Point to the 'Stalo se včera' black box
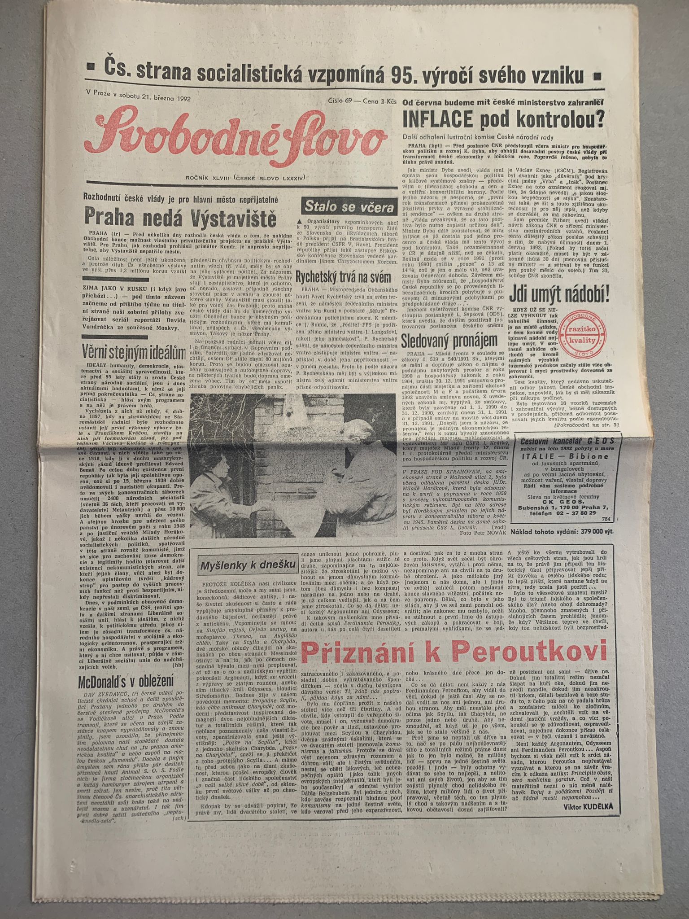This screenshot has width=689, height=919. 349,207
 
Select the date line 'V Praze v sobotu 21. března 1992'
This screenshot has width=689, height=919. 138,98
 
